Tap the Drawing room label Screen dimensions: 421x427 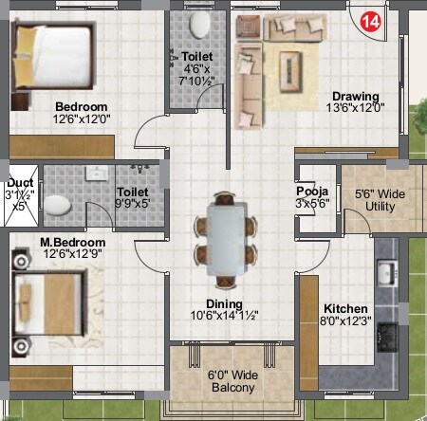(x=355, y=96)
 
